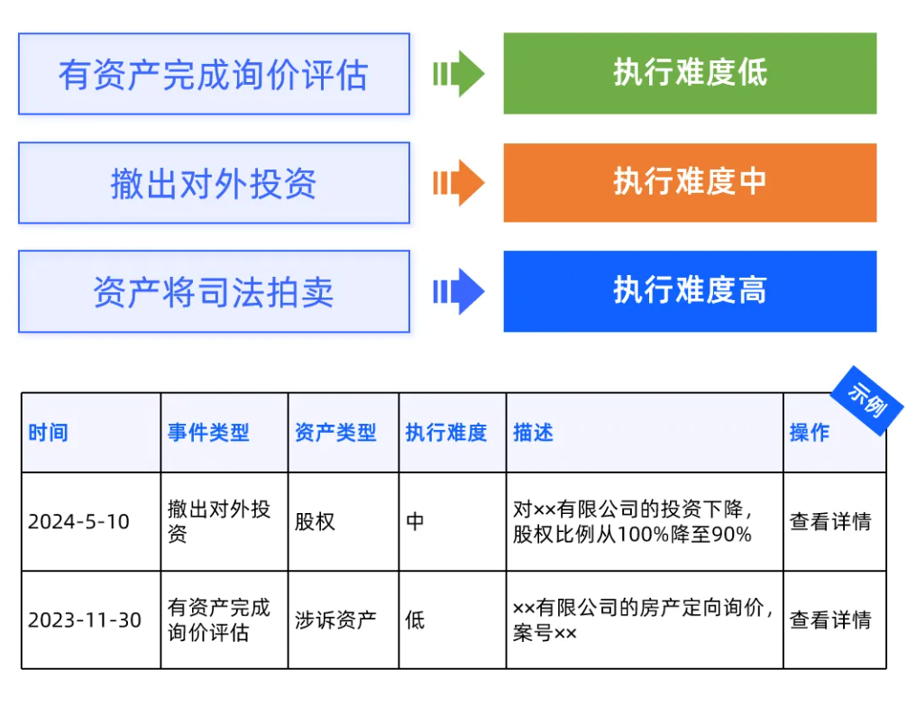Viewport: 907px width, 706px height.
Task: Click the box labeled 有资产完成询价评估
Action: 214,74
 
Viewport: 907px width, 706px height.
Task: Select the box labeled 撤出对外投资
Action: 214,183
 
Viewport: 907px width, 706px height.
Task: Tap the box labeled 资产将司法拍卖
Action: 214,291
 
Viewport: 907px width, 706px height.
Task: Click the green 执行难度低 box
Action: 690,74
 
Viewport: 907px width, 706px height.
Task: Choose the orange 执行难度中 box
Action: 690,183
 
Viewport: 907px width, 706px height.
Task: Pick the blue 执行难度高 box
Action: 690,291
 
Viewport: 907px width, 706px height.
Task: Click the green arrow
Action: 459,74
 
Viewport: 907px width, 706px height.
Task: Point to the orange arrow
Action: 459,183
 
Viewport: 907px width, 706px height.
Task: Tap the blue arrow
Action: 459,291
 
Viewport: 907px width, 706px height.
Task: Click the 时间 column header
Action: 48,432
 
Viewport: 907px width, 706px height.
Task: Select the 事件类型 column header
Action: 208,432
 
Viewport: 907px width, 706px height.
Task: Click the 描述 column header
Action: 534,432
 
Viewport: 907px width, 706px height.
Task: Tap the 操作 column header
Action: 810,432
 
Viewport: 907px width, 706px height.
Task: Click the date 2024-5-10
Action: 78,522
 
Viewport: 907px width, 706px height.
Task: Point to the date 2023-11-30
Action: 85,620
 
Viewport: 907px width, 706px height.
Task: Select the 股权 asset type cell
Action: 315,522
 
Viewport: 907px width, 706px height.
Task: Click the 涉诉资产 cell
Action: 335,620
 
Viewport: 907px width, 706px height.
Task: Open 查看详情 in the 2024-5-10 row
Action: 830,522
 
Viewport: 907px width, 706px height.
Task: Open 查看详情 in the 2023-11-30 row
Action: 830,620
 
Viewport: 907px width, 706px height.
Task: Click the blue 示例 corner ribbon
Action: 867,400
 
